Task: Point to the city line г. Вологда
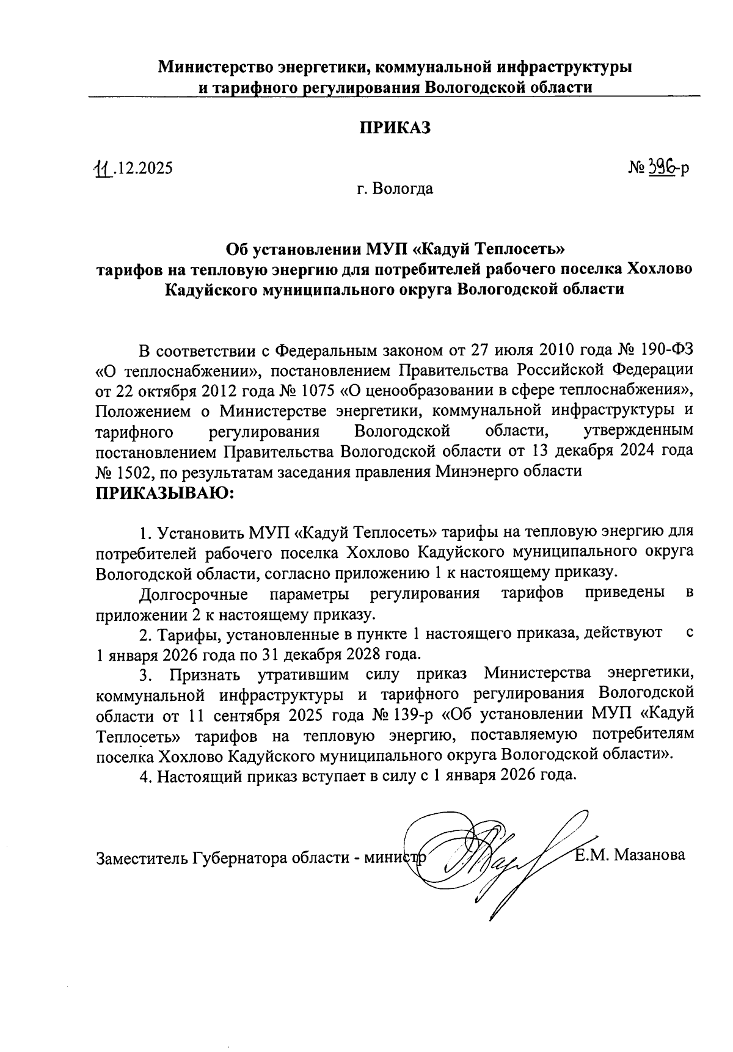(395, 189)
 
